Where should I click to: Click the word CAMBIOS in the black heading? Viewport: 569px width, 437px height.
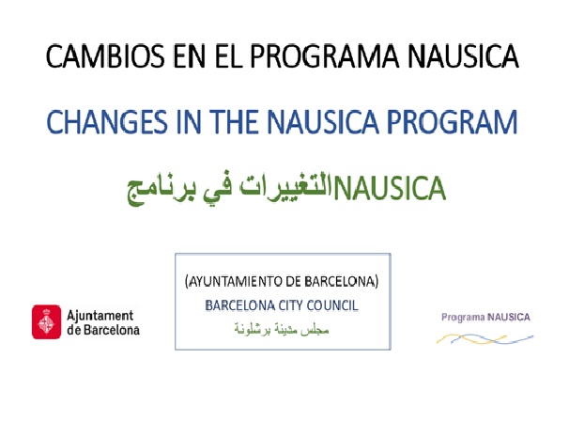[x=105, y=56]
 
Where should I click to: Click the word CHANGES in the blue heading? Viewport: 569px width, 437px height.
[x=107, y=121]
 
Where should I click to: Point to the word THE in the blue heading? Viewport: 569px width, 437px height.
[x=235, y=121]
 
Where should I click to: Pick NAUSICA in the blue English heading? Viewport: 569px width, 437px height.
[x=323, y=121]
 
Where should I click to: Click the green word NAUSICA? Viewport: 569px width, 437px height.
[x=390, y=188]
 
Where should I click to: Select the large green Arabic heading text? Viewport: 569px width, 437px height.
[x=229, y=190]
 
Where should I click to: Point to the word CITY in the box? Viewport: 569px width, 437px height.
[x=290, y=305]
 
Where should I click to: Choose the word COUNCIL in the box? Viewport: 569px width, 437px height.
[x=332, y=305]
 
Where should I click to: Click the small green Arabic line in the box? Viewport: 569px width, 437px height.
[x=282, y=329]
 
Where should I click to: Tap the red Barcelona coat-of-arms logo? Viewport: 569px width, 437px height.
[x=46, y=321]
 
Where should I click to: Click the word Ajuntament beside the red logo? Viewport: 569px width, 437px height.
[x=100, y=316]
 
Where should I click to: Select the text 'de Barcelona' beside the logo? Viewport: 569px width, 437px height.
[x=103, y=330]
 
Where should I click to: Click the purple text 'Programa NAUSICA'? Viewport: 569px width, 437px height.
[x=485, y=317]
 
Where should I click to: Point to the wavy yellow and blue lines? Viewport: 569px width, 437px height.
[x=484, y=339]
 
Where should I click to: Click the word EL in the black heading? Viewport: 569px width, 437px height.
[x=229, y=56]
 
